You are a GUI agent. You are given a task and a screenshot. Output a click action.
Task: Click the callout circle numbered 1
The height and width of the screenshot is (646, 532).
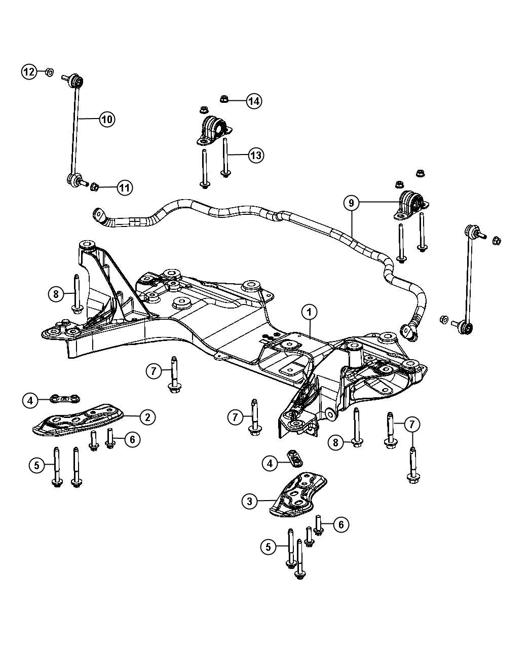pos(310,313)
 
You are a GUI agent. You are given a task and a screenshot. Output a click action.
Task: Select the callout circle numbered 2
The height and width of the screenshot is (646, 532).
pos(147,417)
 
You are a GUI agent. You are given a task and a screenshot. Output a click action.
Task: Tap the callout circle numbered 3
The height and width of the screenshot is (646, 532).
pos(249,502)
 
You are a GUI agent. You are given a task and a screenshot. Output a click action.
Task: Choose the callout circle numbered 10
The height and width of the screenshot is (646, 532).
pos(106,120)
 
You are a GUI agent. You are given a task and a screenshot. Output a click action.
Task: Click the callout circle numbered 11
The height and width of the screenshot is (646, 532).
pos(124,188)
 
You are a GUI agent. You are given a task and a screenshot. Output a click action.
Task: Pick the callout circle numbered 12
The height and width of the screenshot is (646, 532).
pos(29,72)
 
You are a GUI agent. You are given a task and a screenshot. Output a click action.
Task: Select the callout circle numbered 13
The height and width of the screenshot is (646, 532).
pos(256,155)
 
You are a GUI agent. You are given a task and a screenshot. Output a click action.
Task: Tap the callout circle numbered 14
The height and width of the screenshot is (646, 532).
pos(254,101)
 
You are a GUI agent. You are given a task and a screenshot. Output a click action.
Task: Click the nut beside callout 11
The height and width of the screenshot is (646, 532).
pos(94,188)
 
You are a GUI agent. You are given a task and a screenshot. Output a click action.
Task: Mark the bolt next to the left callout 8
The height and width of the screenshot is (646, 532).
pos(77,294)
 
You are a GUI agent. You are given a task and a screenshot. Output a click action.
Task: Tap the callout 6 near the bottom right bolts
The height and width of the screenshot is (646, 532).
pos(341,525)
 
